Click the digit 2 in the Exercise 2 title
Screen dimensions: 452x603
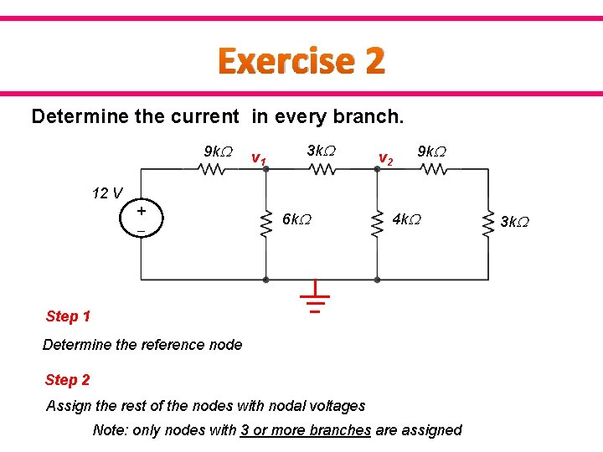pos(374,61)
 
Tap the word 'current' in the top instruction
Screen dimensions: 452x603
pos(199,116)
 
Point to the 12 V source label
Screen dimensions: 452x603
pos(106,194)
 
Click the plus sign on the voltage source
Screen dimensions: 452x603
pos(141,211)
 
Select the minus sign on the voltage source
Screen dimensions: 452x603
pos(141,230)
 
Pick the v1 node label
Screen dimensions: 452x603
pos(259,159)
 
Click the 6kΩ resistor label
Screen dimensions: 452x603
pos(298,219)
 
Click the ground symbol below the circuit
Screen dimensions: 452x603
pos(315,298)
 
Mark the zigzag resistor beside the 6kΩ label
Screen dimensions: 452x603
pos(265,222)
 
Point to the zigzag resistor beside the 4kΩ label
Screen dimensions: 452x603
pos(377,222)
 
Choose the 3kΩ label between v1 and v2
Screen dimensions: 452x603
pos(321,151)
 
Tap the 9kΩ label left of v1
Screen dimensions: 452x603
pos(219,152)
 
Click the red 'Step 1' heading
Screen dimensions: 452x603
pos(68,316)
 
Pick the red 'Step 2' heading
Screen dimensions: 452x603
pos(68,380)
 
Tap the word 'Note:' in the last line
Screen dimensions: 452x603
pos(111,429)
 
